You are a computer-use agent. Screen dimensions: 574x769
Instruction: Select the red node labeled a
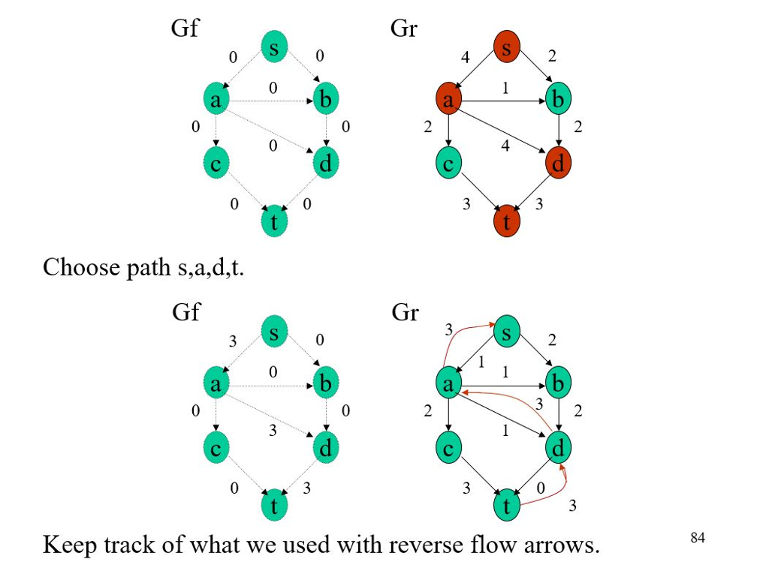click(448, 100)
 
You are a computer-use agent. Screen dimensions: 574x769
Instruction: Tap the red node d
click(558, 164)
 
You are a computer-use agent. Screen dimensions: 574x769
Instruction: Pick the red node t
click(507, 222)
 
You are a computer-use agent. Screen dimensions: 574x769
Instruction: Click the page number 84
click(698, 536)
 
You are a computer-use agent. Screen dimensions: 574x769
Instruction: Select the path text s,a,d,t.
click(211, 268)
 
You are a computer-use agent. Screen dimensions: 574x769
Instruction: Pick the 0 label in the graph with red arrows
click(540, 488)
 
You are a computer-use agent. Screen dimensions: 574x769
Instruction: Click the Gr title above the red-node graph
click(404, 29)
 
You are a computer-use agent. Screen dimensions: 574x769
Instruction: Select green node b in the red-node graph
click(558, 100)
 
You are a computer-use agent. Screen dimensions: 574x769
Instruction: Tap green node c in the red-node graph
click(448, 164)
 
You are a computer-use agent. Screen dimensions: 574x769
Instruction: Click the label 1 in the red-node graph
click(505, 88)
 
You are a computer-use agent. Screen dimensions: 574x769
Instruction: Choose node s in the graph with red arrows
click(507, 332)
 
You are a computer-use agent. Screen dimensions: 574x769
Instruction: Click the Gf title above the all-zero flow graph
click(185, 29)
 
